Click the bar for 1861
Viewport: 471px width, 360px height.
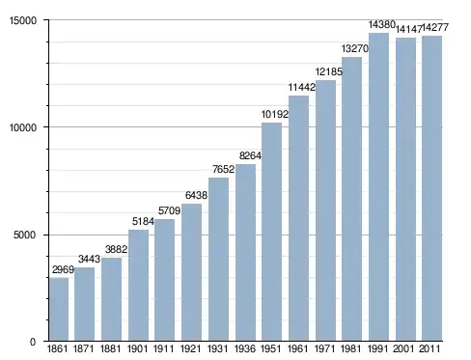pos(59,309)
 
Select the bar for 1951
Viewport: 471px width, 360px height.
pos(272,232)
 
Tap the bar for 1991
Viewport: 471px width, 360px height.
pos(378,186)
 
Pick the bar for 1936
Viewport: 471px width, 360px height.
pos(245,253)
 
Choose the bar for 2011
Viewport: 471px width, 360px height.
pos(431,188)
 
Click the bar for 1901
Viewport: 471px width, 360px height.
pos(138,286)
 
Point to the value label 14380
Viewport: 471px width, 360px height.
pos(381,24)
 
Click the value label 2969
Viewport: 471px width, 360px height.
pos(63,269)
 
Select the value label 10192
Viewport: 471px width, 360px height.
pos(275,114)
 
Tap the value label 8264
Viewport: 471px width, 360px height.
pos(250,155)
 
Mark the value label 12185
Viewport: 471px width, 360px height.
pos(329,71)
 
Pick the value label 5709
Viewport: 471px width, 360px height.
pos(169,210)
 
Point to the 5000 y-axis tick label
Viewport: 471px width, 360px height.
pos(25,235)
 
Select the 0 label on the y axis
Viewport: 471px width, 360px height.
pos(33,342)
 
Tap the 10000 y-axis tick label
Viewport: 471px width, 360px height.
pos(23,127)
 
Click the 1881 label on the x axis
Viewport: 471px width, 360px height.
pos(110,348)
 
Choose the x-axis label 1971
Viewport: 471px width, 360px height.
pos(325,348)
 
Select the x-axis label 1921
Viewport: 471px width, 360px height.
pos(190,348)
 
